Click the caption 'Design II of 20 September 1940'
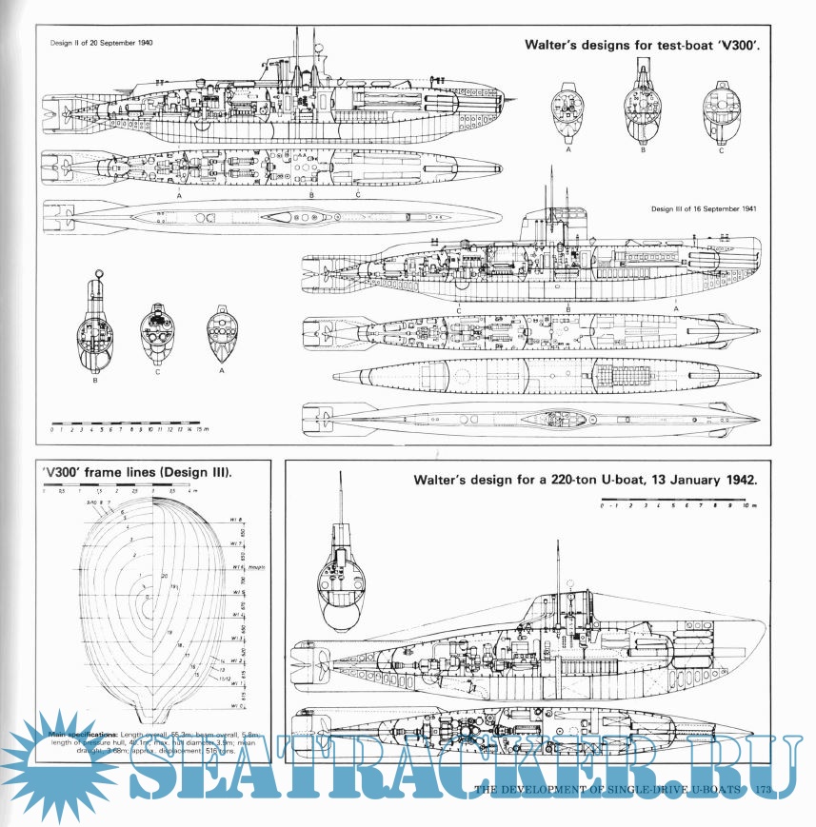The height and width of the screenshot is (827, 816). click(x=100, y=44)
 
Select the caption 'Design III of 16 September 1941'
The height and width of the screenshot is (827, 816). click(x=704, y=209)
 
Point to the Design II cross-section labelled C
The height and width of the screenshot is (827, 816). click(x=720, y=110)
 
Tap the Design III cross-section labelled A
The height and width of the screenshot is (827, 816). click(x=222, y=333)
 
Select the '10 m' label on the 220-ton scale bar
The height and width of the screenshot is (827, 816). click(x=749, y=506)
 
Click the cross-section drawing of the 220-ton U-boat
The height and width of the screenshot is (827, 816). click(x=343, y=581)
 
